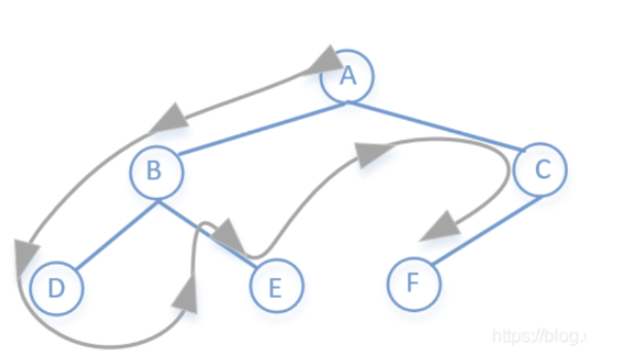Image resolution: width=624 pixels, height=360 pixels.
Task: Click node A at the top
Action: coord(347,75)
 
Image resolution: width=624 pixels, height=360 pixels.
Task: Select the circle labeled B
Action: coord(157,172)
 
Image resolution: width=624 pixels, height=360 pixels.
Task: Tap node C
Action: coord(540,168)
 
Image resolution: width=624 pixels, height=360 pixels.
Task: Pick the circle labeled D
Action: coord(57,288)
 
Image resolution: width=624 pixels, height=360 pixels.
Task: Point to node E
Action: coord(276,287)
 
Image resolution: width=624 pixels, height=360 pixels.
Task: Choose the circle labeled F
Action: coord(414,285)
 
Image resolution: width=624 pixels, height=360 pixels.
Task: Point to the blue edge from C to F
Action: coord(489,230)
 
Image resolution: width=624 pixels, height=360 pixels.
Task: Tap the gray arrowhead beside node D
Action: coord(24,255)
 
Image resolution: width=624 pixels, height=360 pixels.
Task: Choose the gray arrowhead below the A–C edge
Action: coord(371,153)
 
